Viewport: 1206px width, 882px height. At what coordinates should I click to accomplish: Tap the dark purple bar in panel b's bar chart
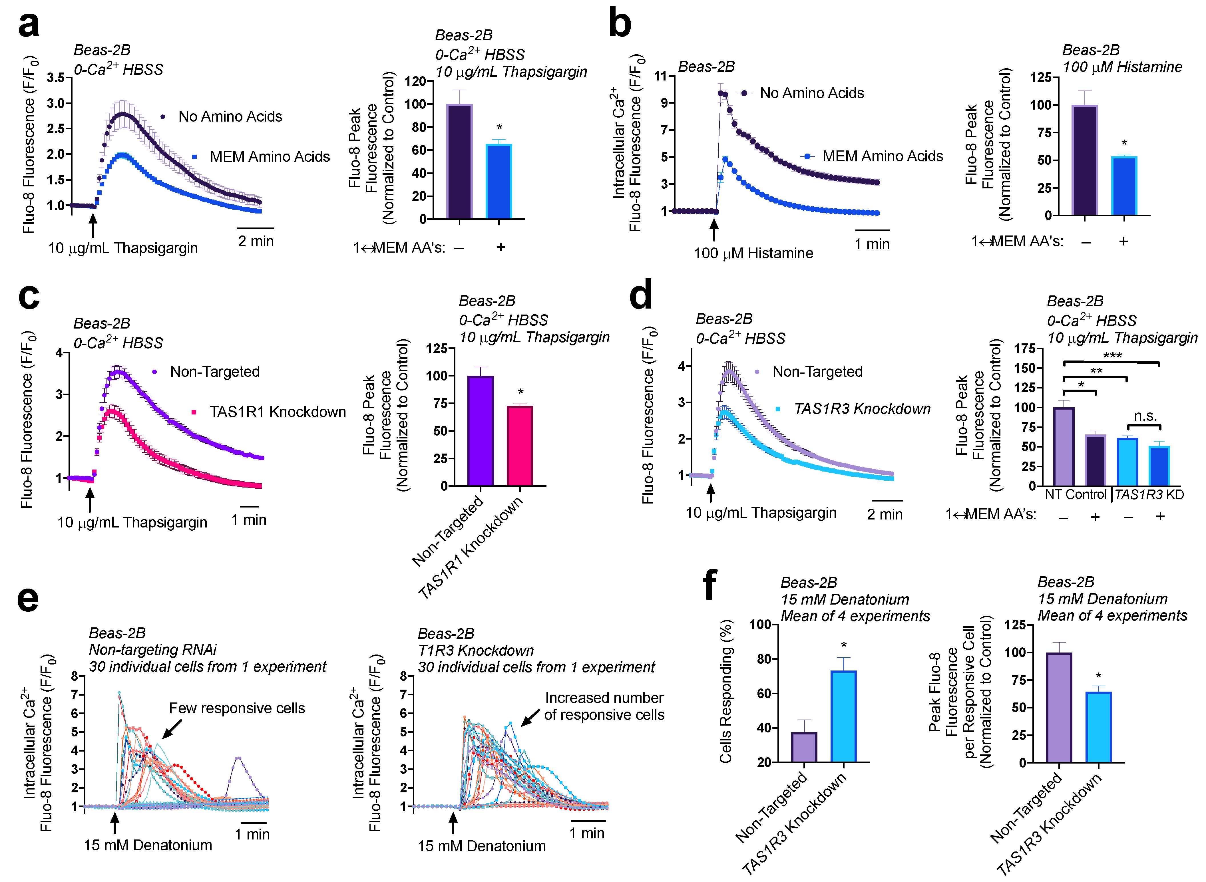(1084, 160)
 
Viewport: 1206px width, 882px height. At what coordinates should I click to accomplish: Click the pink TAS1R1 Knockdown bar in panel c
(520, 446)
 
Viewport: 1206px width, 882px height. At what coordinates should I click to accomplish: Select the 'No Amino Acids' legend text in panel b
(811, 93)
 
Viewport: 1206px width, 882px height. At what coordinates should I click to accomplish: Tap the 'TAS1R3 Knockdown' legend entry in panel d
(861, 409)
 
